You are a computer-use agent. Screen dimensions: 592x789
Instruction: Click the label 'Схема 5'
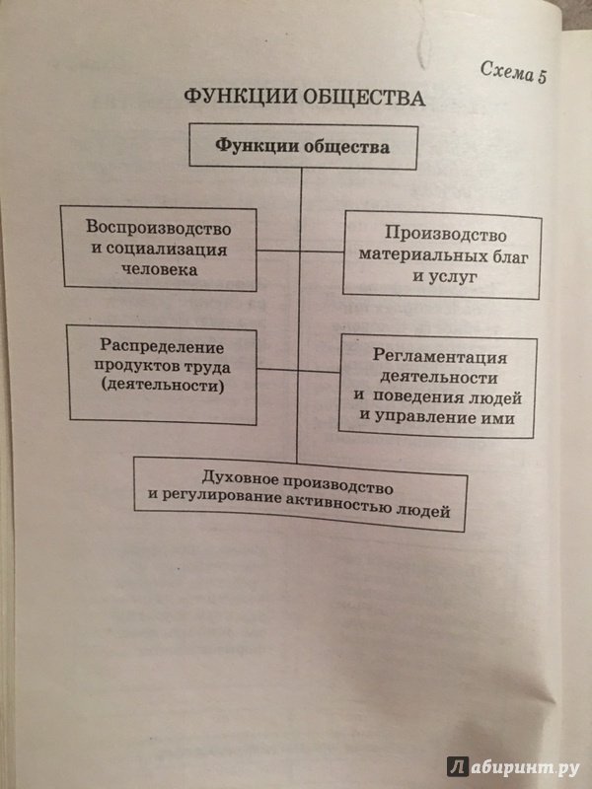pyautogui.click(x=513, y=71)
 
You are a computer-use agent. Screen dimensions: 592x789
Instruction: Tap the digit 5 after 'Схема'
pyautogui.click(x=541, y=76)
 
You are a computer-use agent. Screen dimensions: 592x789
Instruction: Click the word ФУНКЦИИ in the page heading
pyautogui.click(x=240, y=96)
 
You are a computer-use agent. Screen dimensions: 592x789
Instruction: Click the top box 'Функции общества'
pyautogui.click(x=303, y=146)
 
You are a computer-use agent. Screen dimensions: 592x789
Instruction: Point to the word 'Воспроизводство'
pyautogui.click(x=159, y=228)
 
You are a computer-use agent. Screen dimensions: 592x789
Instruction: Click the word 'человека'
pyautogui.click(x=160, y=269)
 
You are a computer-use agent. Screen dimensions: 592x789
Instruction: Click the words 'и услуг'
pyautogui.click(x=444, y=276)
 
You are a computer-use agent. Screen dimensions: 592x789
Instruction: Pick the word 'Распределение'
pyautogui.click(x=162, y=346)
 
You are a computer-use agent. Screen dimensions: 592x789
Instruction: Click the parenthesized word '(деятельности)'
pyautogui.click(x=162, y=386)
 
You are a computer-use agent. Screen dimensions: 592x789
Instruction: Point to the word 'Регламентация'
pyautogui.click(x=439, y=357)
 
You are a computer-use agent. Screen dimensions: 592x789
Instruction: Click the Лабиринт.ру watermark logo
pyautogui.click(x=513, y=766)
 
